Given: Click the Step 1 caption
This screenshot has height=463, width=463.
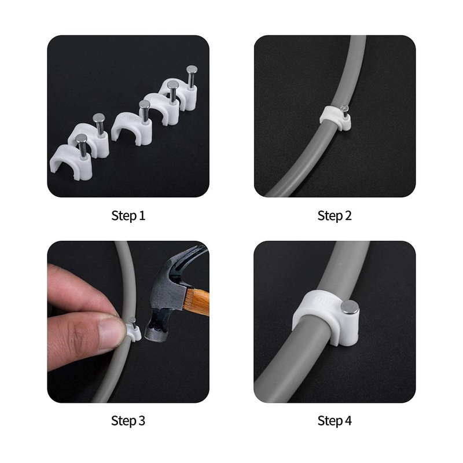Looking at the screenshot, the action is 128,216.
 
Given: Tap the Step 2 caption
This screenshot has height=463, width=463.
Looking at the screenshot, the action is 335,216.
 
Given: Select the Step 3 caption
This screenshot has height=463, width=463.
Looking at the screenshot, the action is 128,421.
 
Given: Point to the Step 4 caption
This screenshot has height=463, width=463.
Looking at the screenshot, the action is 335,421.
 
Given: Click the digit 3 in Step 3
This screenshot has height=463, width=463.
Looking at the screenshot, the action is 142,421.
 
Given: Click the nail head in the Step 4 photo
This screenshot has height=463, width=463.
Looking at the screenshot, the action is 350,307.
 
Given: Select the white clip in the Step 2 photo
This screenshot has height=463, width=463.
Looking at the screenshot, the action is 336,118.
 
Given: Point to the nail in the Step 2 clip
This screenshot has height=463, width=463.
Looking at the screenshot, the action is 344,109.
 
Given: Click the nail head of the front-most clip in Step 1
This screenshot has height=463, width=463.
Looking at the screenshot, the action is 81,138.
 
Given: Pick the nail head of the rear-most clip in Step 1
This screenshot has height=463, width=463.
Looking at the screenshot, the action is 192,69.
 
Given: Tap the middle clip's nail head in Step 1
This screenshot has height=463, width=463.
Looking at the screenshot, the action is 144,105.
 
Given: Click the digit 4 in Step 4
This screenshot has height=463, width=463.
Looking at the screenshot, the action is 348,421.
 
